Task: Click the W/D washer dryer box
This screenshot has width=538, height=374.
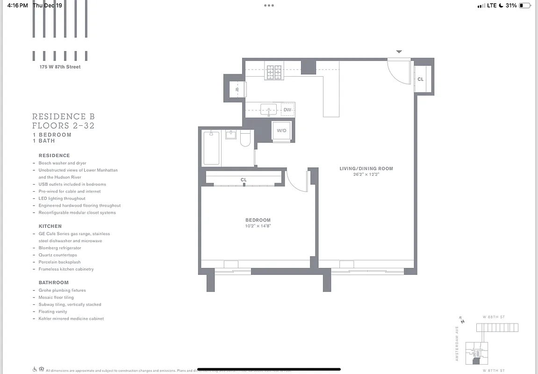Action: (x=281, y=131)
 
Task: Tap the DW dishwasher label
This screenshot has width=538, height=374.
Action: (x=287, y=110)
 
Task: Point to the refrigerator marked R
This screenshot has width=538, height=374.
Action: (x=237, y=89)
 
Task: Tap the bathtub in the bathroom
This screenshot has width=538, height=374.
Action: (x=211, y=148)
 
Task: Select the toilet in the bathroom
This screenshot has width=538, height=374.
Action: (x=245, y=139)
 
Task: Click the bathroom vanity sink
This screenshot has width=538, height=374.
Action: (x=231, y=135)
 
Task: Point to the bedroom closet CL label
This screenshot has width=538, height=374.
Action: (x=244, y=180)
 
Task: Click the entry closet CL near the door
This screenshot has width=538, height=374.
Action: (x=421, y=79)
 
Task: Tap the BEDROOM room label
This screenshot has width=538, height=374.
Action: (x=258, y=220)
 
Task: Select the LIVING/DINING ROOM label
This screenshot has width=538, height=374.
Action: (x=366, y=168)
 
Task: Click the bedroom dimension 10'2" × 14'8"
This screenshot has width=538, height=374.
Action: (x=258, y=226)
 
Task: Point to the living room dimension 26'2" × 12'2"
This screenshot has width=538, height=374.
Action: (x=366, y=174)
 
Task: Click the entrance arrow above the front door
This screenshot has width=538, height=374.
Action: (x=399, y=51)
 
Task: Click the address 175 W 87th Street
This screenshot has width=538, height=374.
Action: (x=60, y=67)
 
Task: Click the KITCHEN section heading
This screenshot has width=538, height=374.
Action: (x=50, y=226)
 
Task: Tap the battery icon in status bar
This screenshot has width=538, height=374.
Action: (x=525, y=6)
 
